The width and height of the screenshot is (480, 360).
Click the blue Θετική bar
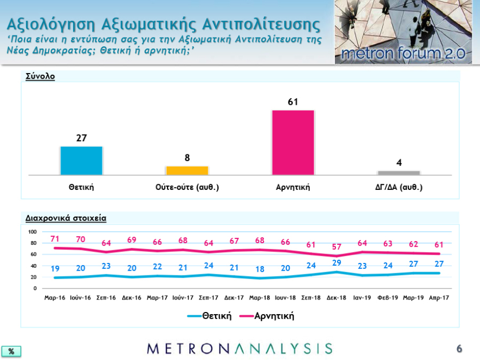[x=81, y=160]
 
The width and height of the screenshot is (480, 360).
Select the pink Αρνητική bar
[x=293, y=142]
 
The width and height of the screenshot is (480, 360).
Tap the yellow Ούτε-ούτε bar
[x=187, y=170]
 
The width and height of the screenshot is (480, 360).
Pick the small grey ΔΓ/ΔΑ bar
[x=399, y=172]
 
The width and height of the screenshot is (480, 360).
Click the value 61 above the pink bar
[x=293, y=102]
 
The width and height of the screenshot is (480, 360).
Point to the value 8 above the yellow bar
[x=187, y=158]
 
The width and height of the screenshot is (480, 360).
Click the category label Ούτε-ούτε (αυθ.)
[x=187, y=187]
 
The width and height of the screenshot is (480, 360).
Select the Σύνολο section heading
[x=40, y=77]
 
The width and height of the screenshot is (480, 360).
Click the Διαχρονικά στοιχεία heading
[x=65, y=218]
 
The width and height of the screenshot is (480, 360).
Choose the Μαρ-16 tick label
[x=55, y=298]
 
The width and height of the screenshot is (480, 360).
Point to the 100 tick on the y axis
[x=32, y=232]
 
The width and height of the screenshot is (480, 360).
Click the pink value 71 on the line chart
[x=55, y=239]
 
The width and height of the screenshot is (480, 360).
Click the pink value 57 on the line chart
[x=337, y=247]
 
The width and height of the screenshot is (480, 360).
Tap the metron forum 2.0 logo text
[x=403, y=53]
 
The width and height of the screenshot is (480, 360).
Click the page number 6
[x=459, y=349]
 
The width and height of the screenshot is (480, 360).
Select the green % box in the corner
[x=11, y=351]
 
